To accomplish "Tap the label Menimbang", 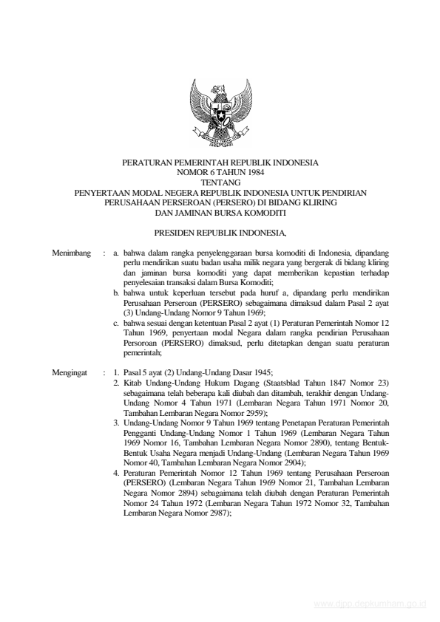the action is point(72,253).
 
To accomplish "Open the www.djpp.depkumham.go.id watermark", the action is point(370,604).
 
